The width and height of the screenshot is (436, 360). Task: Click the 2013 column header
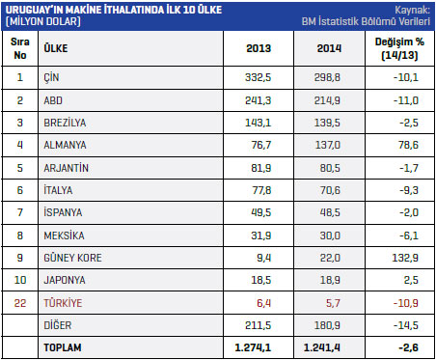point(259,48)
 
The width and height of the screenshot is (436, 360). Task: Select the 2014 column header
point(329,48)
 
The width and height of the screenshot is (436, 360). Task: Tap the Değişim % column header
point(399,48)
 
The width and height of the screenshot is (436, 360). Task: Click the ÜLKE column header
point(56,48)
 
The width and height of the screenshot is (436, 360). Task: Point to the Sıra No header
point(20,48)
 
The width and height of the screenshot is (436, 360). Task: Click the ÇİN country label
point(51,77)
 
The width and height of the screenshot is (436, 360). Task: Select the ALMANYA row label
point(65,145)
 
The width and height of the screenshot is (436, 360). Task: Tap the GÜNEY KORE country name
point(72,258)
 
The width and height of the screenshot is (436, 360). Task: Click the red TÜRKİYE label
point(63,303)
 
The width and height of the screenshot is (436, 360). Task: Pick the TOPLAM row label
point(63,347)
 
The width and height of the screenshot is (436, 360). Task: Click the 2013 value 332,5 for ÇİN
point(258,77)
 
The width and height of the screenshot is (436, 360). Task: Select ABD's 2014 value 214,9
point(327,100)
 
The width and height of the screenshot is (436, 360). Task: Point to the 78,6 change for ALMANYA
point(408,145)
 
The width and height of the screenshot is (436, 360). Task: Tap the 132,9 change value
point(405,258)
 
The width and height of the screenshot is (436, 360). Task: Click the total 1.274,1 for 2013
point(253,347)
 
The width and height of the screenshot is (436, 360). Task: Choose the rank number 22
point(20,303)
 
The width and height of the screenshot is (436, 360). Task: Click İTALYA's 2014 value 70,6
point(330,190)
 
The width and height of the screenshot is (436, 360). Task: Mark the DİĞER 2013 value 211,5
point(258,325)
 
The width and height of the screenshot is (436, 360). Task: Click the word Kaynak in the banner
point(411,10)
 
